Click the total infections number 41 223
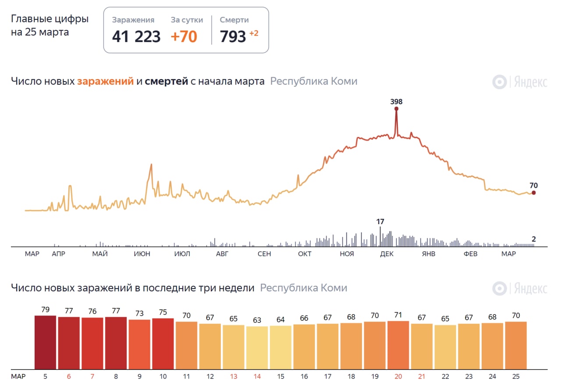[x=136, y=36]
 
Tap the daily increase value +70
[x=184, y=36]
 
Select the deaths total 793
[x=233, y=36]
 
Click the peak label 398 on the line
[x=396, y=101]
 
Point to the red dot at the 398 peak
[x=396, y=108]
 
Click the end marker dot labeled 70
[x=533, y=193]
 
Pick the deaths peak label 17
[x=380, y=222]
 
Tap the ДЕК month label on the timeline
[x=387, y=254]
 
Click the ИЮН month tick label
[x=142, y=254]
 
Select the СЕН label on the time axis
[x=264, y=254]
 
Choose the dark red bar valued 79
[x=46, y=342]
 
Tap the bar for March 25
[x=516, y=345]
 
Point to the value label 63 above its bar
[x=257, y=320]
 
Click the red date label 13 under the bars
[x=233, y=376]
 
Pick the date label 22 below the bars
[x=445, y=376]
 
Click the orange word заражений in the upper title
[x=105, y=81]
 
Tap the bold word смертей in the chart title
[x=167, y=81]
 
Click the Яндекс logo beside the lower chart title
[x=520, y=289]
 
